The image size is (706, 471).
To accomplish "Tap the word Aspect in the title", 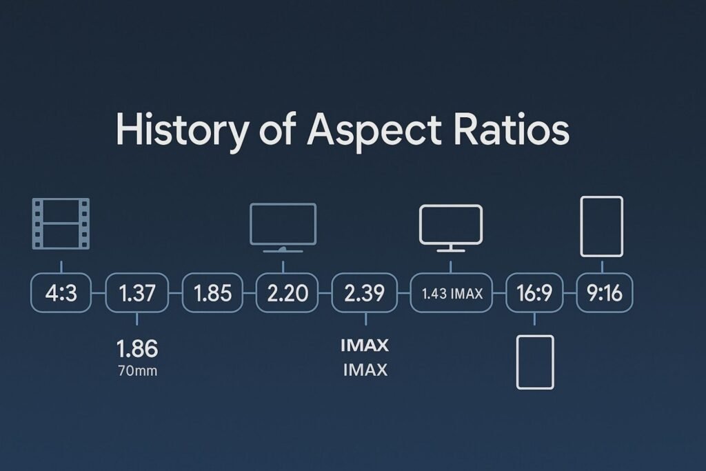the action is point(374,130).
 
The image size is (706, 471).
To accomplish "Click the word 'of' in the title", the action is point(278,129).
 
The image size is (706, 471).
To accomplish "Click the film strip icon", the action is point(61,223).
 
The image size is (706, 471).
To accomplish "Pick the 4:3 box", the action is point(61,292).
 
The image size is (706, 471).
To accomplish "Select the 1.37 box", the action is point(137,292).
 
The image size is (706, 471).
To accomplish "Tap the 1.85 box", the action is point(212,292).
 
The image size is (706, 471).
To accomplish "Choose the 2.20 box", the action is point(288,292).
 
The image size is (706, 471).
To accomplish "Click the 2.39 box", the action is point(364,292).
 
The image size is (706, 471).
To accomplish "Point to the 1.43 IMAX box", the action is point(451,292).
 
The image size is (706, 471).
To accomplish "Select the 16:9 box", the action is point(534,292).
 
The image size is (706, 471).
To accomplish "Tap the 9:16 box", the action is point(604,292).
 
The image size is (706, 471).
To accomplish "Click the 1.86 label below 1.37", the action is point(137,348).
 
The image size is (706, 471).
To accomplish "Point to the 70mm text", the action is point(138,371).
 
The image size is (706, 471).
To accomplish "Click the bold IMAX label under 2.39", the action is point(365,345).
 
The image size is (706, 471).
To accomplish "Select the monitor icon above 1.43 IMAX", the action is point(451,228).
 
